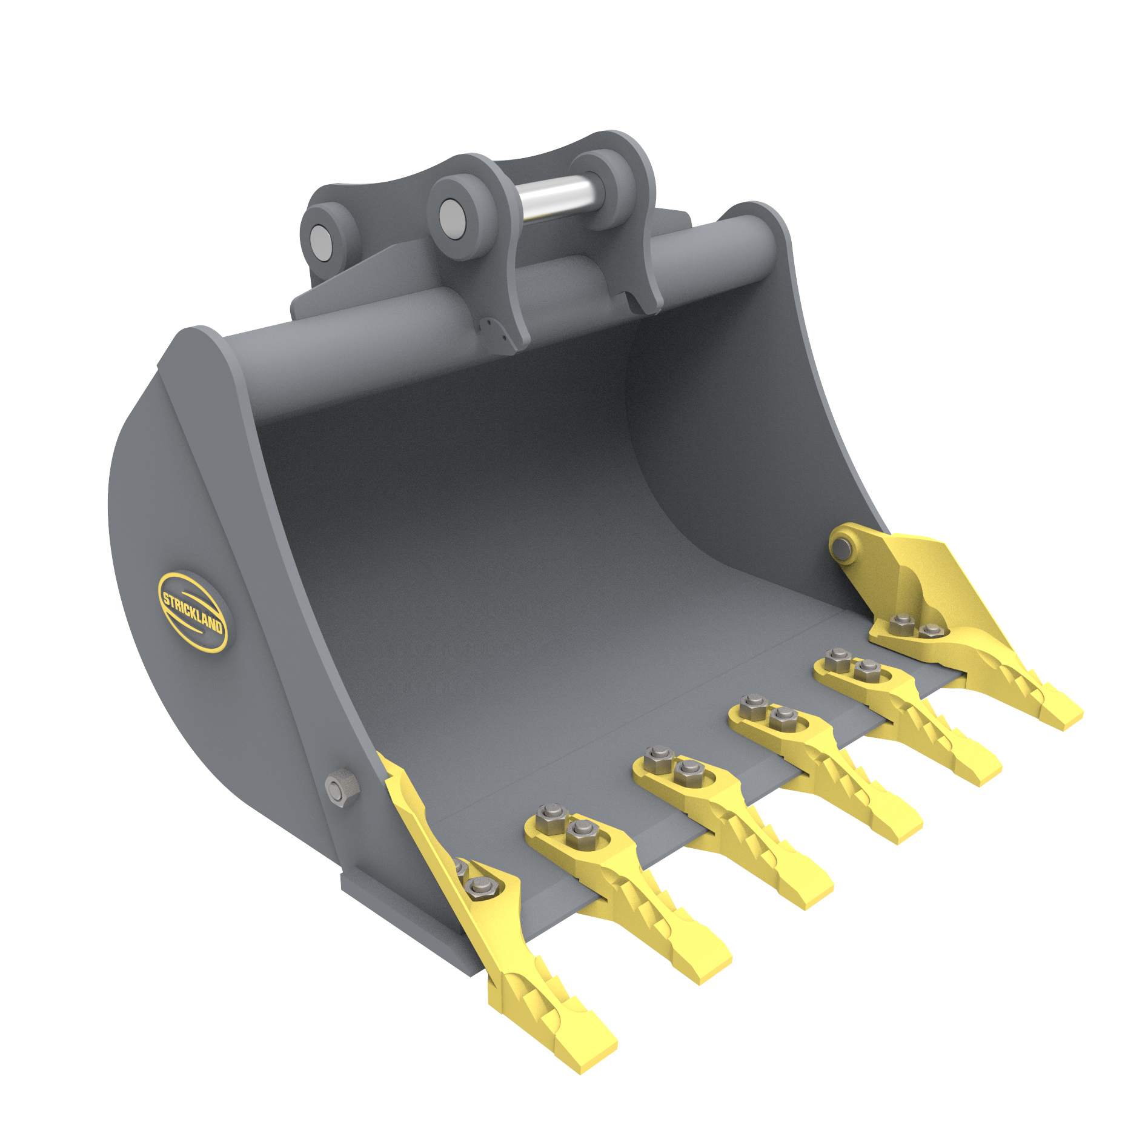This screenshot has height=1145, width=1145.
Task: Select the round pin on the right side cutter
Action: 841,548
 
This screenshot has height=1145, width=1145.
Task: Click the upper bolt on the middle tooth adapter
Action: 657,755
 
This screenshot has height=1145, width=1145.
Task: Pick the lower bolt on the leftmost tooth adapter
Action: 482,886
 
